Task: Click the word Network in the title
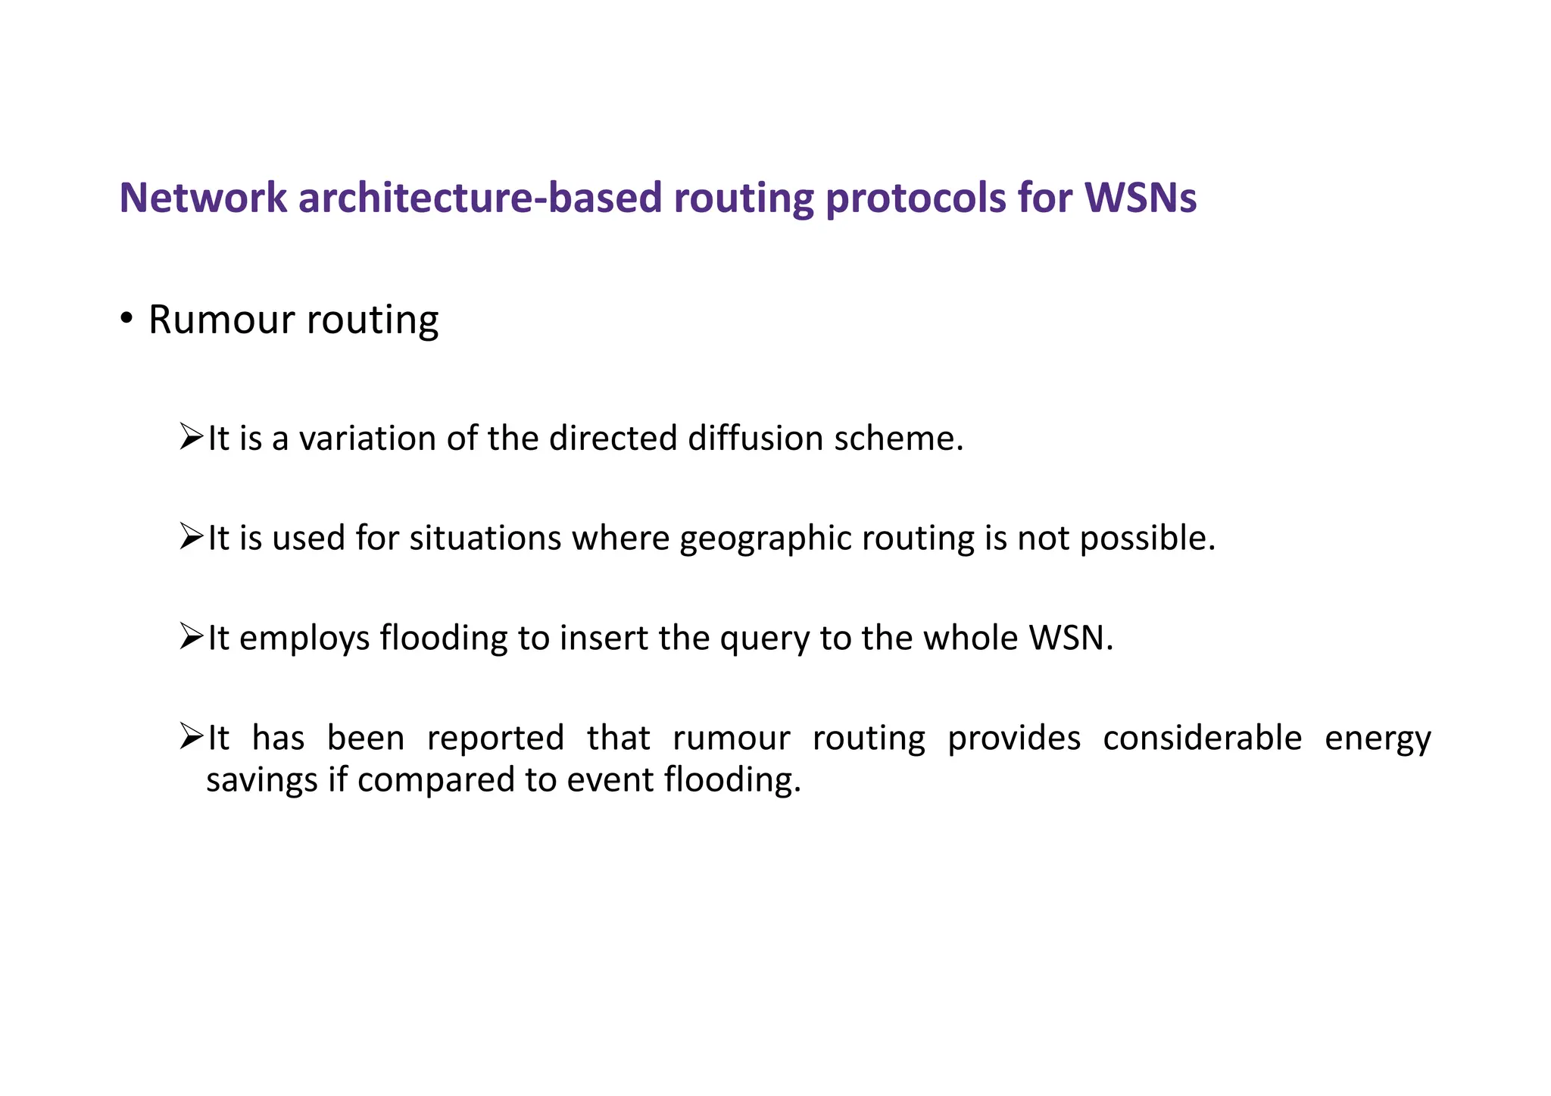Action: pyautogui.click(x=203, y=198)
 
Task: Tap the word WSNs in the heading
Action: pyautogui.click(x=1141, y=198)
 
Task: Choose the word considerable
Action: pyautogui.click(x=1202, y=737)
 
